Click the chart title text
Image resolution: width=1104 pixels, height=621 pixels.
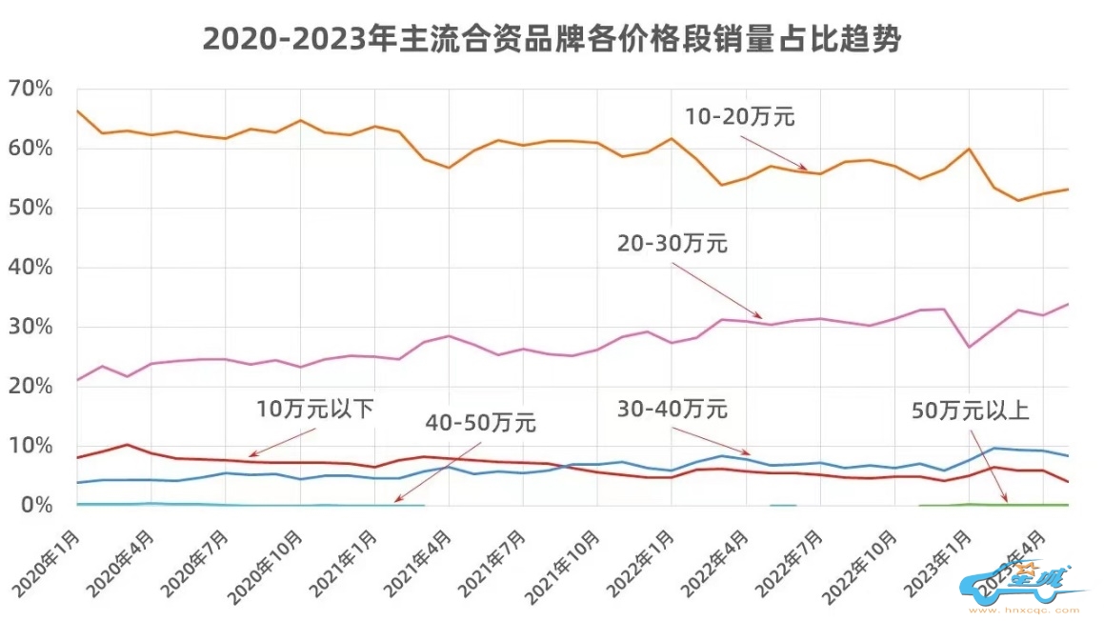click(x=552, y=39)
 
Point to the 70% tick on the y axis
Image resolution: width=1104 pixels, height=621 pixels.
click(x=30, y=90)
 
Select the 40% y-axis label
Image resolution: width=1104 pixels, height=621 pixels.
click(x=30, y=268)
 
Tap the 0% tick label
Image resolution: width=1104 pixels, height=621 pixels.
click(x=35, y=505)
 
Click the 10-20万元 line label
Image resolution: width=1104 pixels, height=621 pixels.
click(x=740, y=118)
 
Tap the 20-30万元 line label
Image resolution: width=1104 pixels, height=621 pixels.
click(x=672, y=244)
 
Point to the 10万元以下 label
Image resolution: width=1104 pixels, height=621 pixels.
click(x=315, y=410)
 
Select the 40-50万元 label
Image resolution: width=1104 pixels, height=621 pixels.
click(x=481, y=422)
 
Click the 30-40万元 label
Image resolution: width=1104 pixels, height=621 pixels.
click(x=672, y=410)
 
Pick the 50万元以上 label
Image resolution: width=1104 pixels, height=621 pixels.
click(x=971, y=411)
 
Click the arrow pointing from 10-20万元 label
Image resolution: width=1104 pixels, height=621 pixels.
click(x=773, y=152)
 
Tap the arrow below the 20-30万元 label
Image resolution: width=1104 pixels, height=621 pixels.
click(x=716, y=290)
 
